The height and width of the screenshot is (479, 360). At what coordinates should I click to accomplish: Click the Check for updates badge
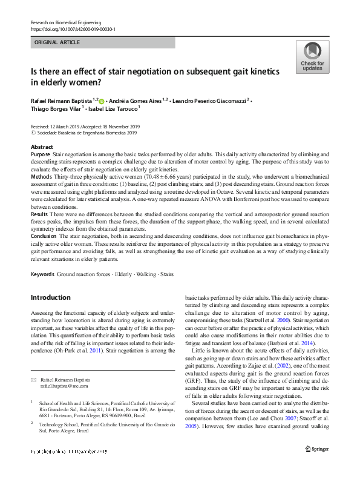[312, 58]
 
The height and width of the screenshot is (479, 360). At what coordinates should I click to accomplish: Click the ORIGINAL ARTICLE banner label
[57, 43]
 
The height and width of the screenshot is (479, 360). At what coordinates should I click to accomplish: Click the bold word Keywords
[42, 274]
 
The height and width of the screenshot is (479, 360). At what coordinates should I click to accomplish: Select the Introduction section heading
[51, 297]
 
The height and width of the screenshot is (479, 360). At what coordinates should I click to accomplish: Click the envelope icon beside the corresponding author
[33, 378]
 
